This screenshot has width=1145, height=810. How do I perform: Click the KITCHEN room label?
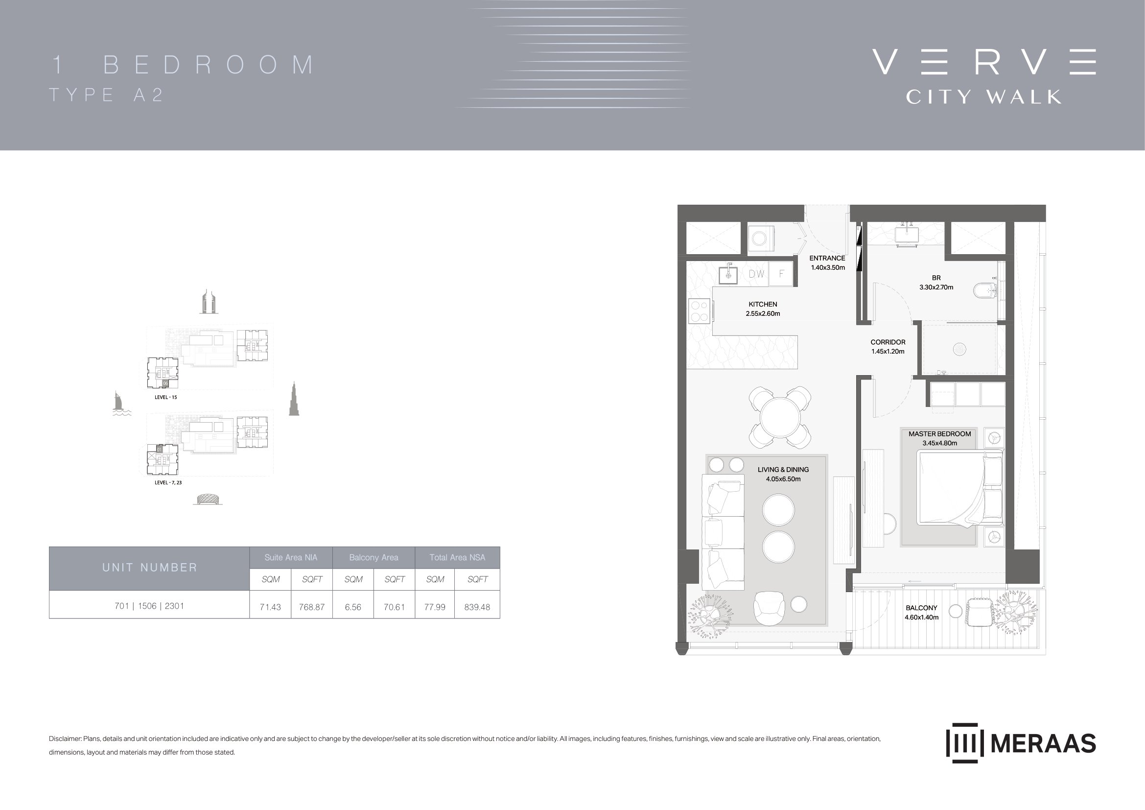(x=763, y=304)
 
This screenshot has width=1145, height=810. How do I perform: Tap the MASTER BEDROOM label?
(x=939, y=434)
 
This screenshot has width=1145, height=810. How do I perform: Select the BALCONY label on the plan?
(x=921, y=607)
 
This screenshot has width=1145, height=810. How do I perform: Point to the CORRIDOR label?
(x=888, y=342)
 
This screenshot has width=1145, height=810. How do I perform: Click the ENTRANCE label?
(x=827, y=258)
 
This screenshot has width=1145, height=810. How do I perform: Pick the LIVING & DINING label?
(x=783, y=469)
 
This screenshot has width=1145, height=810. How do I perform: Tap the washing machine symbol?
(x=760, y=238)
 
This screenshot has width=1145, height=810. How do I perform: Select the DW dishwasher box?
(x=756, y=274)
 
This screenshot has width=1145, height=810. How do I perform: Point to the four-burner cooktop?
(x=699, y=311)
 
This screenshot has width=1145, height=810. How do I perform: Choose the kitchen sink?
(x=728, y=274)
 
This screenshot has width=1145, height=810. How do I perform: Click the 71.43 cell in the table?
(x=270, y=607)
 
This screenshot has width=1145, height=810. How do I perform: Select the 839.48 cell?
(x=477, y=607)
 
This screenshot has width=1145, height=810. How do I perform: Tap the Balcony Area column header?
(x=374, y=558)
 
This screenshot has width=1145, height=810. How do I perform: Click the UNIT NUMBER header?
(x=150, y=568)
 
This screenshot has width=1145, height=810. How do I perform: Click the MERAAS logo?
(x=1021, y=743)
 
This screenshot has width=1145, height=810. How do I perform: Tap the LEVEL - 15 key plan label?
(x=165, y=398)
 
